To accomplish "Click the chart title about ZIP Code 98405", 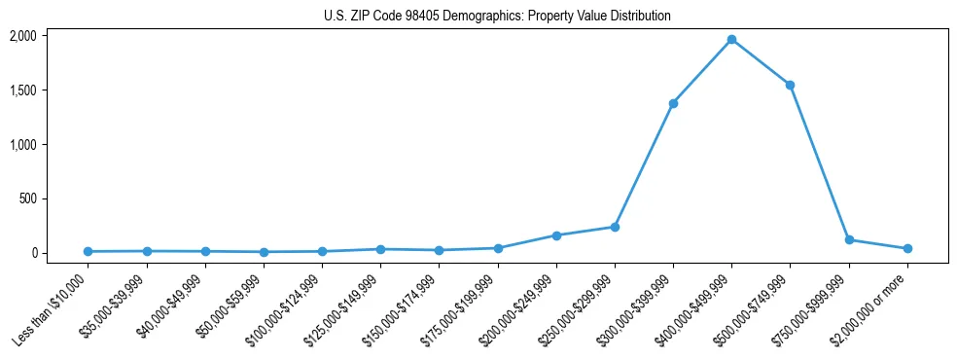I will tap(497, 17).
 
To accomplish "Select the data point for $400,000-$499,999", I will tap(731, 40).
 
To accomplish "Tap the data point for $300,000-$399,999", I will tap(673, 103).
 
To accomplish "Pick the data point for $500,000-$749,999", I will tap(790, 85).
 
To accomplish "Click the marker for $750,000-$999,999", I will tap(849, 239).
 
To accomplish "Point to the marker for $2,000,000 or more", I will tap(907, 248).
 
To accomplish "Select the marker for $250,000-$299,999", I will tap(615, 227).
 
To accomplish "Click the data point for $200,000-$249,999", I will tap(556, 235).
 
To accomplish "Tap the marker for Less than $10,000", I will tap(88, 251).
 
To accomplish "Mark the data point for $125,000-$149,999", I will tap(380, 249).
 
